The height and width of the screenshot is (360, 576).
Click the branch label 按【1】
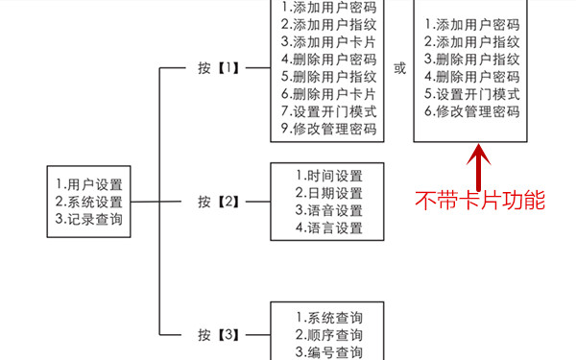pos(218,69)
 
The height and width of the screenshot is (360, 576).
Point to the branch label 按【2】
pos(218,203)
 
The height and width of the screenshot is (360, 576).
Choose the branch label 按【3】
pos(218,335)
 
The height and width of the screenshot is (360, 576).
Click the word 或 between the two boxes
pos(399,69)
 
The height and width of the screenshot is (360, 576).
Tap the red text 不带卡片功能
pos(479,201)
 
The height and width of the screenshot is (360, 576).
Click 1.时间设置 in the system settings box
pos(328,176)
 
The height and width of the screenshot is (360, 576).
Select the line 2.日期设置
pos(328,193)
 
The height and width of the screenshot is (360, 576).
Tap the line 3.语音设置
pos(328,210)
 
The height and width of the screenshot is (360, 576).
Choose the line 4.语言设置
pos(328,228)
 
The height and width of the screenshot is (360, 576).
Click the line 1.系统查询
pos(328,318)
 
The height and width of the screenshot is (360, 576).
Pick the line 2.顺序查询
pos(328,335)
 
